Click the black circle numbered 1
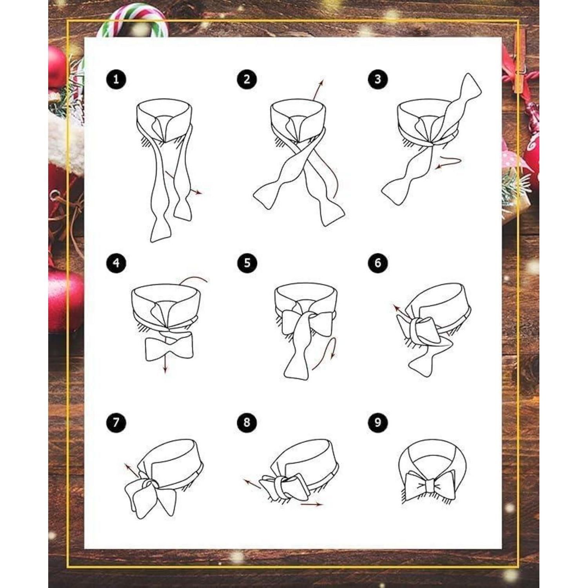[x=116, y=80]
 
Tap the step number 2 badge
[x=247, y=80]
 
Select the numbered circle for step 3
[x=377, y=79]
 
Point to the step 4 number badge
[x=116, y=263]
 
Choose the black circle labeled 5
[x=247, y=263]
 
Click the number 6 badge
[x=377, y=263]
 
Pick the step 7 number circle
[x=116, y=423]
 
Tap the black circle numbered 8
[x=247, y=423]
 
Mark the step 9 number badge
[x=377, y=423]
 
